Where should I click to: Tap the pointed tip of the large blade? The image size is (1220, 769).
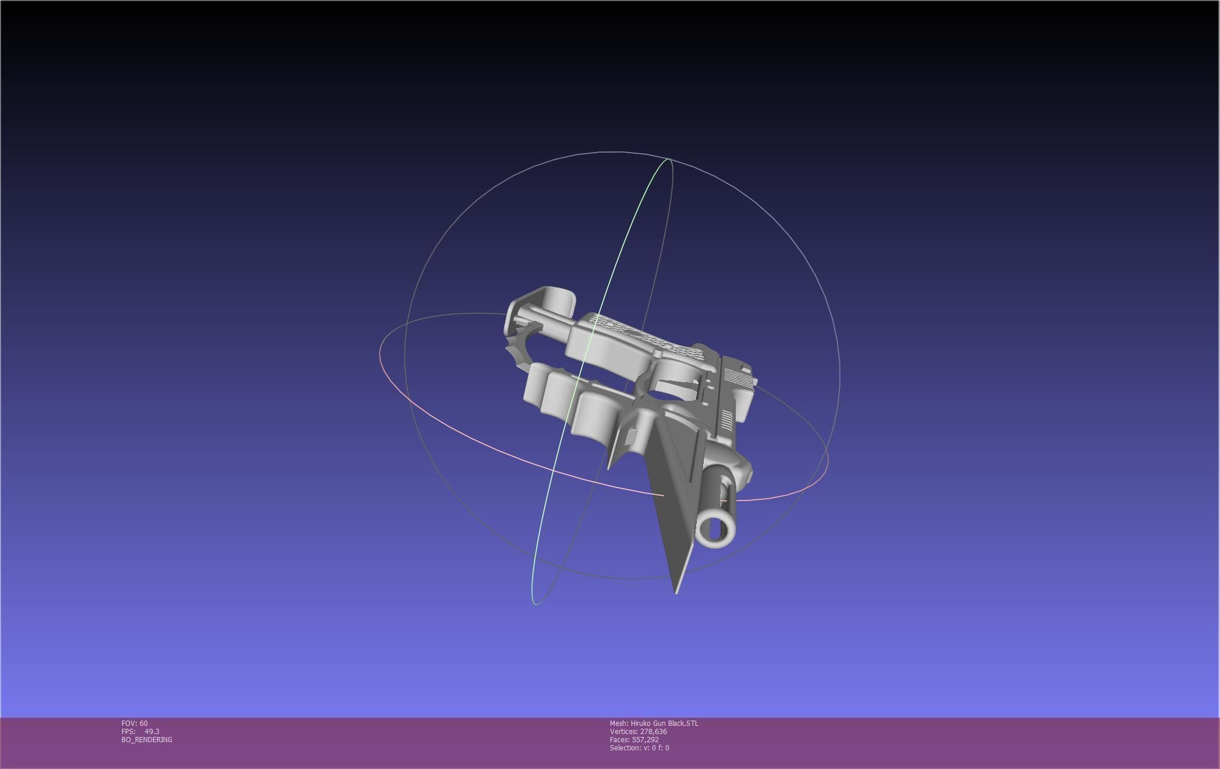click(676, 592)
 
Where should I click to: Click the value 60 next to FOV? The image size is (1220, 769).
click(143, 724)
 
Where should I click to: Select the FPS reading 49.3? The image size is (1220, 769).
click(152, 732)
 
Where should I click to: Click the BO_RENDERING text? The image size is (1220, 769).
click(147, 740)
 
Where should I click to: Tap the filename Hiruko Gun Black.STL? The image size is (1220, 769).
click(664, 724)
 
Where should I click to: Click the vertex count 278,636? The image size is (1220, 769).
click(653, 732)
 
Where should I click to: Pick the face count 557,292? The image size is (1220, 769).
click(645, 740)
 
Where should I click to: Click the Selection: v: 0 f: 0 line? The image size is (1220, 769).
click(639, 748)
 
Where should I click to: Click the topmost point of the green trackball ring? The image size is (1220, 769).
click(668, 158)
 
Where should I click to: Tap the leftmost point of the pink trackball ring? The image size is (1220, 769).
click(380, 353)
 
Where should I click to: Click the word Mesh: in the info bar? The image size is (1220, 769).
click(619, 724)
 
